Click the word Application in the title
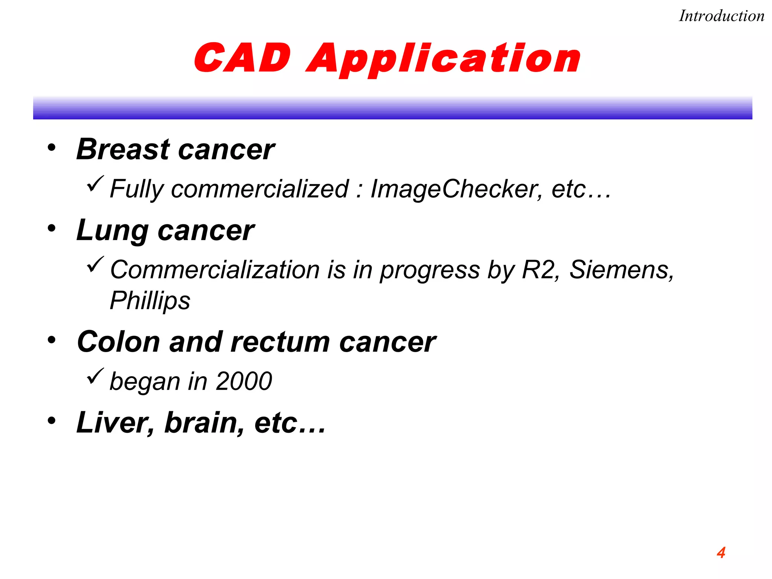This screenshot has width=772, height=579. (443, 60)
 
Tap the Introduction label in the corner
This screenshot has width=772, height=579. (721, 16)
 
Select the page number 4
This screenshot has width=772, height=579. (721, 553)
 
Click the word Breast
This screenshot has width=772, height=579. (123, 149)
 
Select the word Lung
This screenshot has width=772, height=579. (112, 231)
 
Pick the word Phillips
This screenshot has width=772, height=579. (150, 301)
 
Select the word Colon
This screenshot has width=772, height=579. (118, 342)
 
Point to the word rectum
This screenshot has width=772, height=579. (280, 342)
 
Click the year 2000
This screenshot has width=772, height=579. (244, 381)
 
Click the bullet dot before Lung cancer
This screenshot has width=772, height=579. (52, 228)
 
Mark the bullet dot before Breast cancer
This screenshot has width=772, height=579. (52, 147)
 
